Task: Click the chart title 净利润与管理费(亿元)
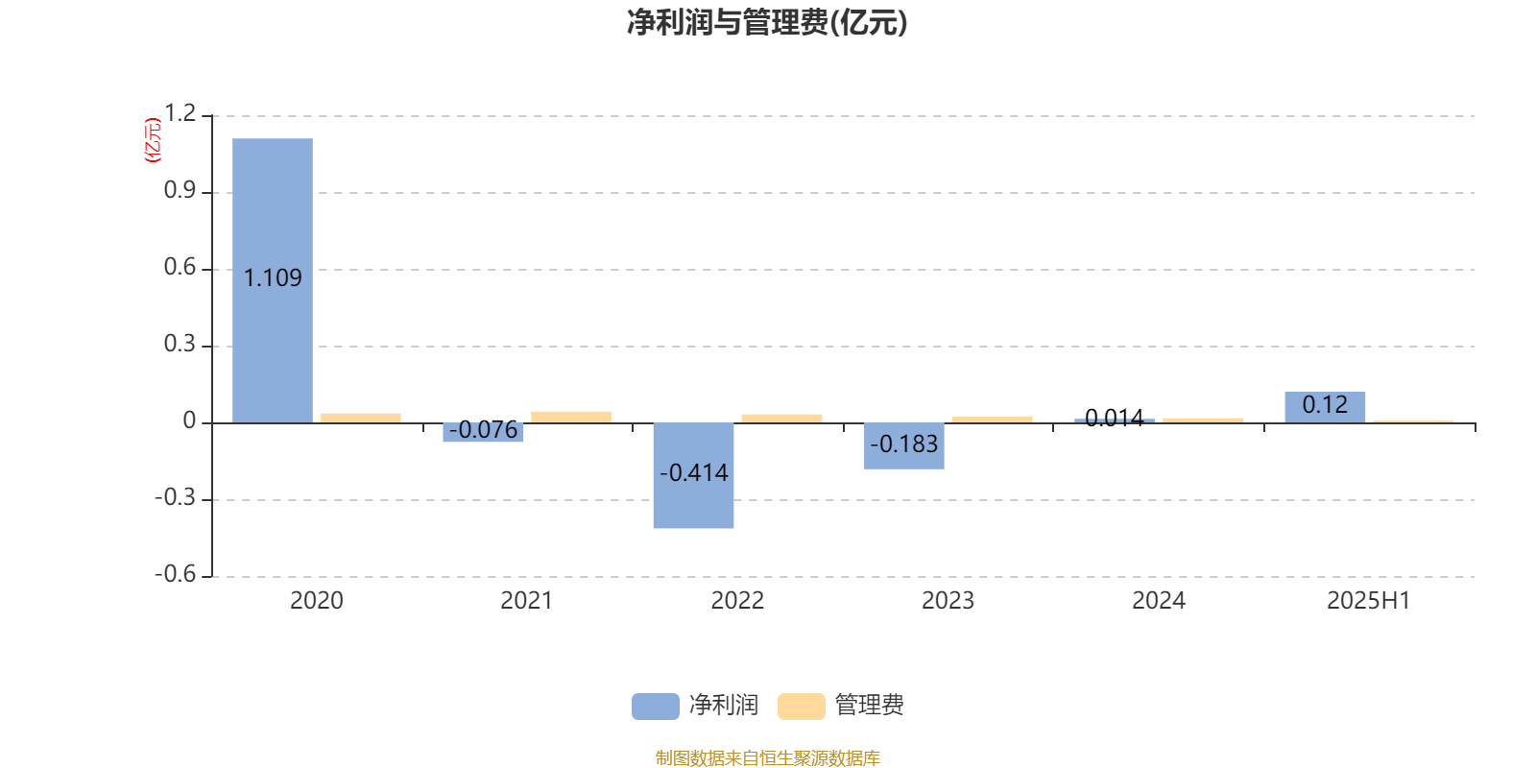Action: coord(767,23)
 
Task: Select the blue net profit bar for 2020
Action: coord(273,280)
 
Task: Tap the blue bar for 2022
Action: coord(693,475)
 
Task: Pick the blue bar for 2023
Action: coord(903,445)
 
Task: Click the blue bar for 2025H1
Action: coord(1325,407)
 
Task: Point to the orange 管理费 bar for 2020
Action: coord(361,419)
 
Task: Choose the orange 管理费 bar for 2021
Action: coord(571,417)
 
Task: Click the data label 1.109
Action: coord(273,277)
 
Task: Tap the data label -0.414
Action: coord(693,472)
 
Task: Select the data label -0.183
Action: coord(903,444)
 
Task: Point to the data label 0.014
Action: coord(1115,418)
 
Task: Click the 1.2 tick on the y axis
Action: coord(180,113)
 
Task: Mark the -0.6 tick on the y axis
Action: coord(176,574)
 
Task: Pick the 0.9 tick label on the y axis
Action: coord(180,190)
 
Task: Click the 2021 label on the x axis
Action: coord(527,601)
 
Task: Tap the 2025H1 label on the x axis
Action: coord(1369,601)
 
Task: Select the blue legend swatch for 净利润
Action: coord(656,707)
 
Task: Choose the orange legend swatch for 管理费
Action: coord(801,707)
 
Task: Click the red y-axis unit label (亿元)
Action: coord(153,140)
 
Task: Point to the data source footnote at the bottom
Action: coord(767,757)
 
